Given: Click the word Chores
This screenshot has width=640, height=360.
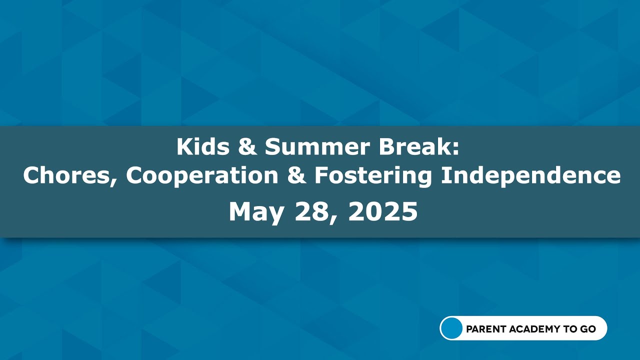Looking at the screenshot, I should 67,175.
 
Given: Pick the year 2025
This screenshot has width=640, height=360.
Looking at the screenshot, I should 382,212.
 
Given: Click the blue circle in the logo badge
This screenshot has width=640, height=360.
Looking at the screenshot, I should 452,328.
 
